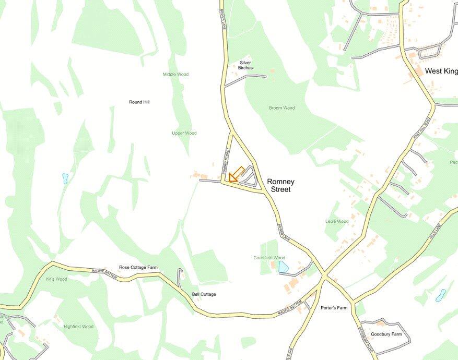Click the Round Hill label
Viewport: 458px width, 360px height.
[139, 102]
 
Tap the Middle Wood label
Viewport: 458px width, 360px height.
[175, 75]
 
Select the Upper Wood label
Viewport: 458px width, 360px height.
[184, 134]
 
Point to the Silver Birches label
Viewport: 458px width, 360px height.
[245, 65]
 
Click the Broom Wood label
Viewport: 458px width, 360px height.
[281, 108]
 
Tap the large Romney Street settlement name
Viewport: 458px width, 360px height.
[280, 186]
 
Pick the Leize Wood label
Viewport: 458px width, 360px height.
[337, 221]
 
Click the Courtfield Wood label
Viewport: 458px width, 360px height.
[269, 258]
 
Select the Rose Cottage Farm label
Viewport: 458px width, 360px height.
[138, 268]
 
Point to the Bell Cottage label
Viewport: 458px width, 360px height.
[204, 294]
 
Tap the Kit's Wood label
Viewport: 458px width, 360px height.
[56, 279]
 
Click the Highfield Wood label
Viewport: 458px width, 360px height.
[78, 327]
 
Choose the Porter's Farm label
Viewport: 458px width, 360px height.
[334, 308]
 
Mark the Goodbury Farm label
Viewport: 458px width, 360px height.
[386, 334]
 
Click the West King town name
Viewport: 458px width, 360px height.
[440, 71]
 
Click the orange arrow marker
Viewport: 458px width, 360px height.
[236, 174]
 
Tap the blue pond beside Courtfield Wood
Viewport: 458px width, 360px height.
[283, 267]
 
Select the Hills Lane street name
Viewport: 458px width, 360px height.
[435, 229]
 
